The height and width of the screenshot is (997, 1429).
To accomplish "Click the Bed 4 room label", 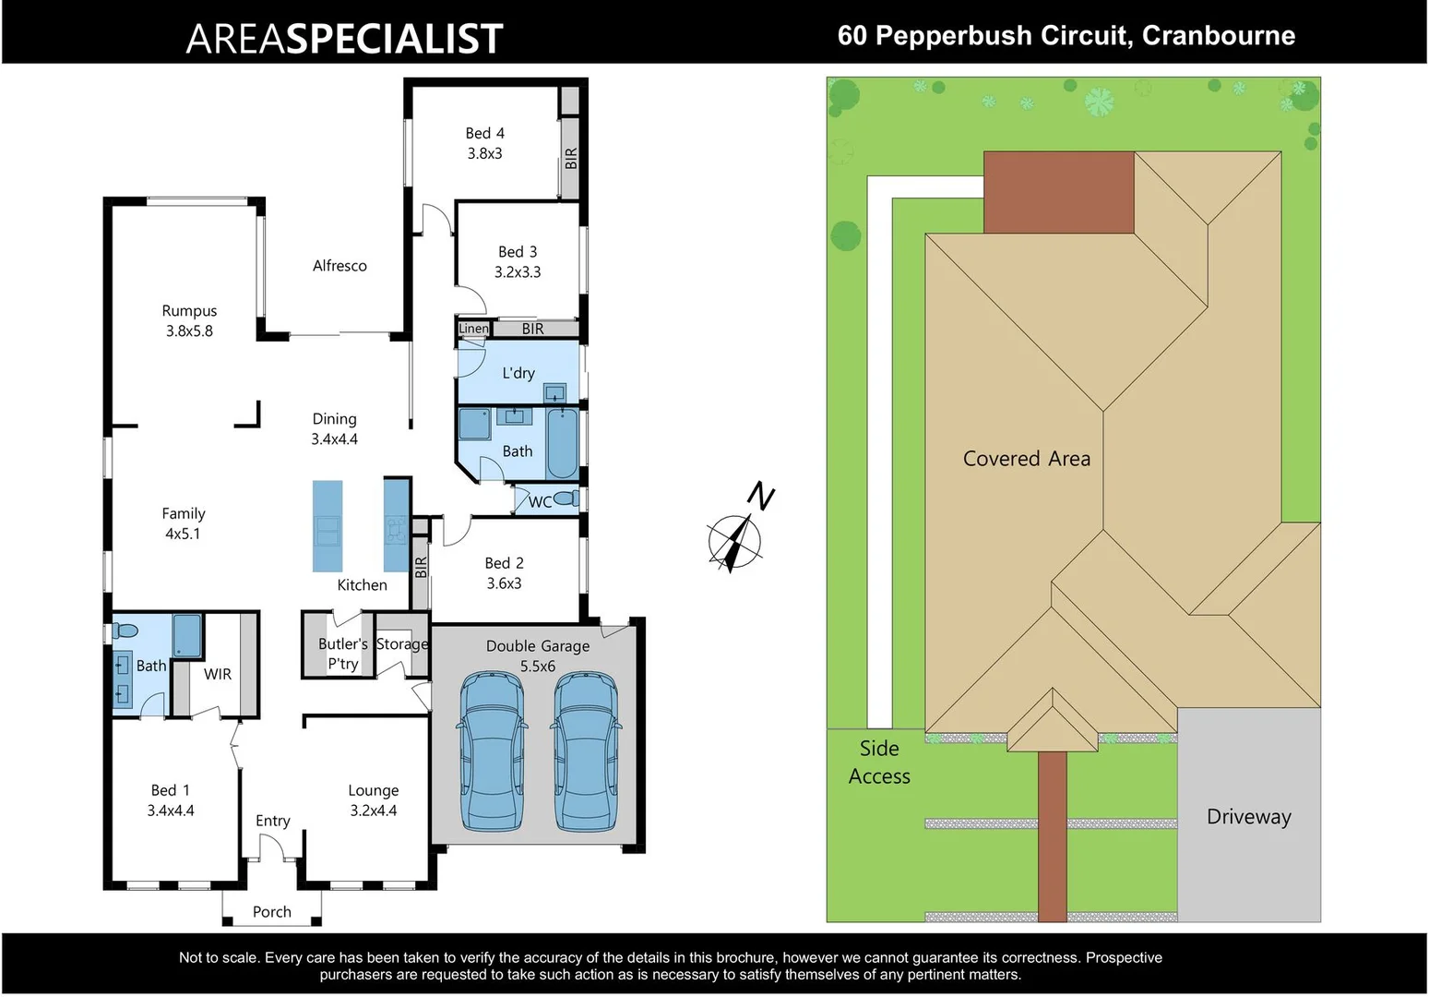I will [484, 134].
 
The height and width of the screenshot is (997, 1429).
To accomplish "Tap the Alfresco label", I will [339, 266].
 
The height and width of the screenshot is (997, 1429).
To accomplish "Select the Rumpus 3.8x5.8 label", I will [189, 321].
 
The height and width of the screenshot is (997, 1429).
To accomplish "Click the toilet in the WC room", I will [566, 498].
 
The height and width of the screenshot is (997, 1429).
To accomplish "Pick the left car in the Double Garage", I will [493, 750].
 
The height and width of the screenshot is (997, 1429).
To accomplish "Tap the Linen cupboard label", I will [473, 329].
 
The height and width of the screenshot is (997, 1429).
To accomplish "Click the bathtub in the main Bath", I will [562, 444].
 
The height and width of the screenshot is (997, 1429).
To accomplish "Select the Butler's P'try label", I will [342, 654].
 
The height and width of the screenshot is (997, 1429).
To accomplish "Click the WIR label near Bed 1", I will [218, 674].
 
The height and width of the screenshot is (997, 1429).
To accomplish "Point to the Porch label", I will [271, 912].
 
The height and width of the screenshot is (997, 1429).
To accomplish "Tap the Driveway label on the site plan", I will [1248, 817].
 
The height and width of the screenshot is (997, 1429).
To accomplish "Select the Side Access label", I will [879, 763].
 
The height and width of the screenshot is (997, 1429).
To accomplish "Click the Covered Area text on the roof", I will [1026, 459].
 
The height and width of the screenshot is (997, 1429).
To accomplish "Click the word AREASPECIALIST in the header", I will [344, 39].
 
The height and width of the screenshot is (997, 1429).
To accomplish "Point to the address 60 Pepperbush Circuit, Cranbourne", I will [1066, 36].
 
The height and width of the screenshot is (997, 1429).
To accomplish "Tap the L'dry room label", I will [518, 373].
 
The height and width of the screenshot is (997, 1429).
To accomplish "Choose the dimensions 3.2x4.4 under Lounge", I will [373, 811].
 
